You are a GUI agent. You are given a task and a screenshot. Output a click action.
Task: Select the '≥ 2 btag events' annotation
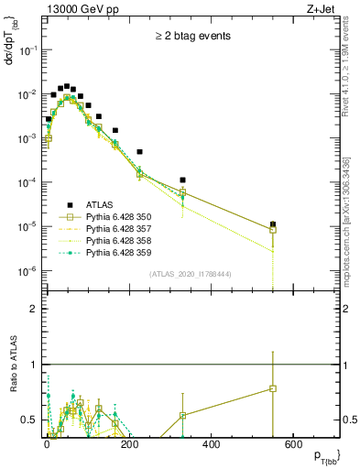(x=192, y=36)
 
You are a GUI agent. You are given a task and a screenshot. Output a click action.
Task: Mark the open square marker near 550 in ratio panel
(x=273, y=388)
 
